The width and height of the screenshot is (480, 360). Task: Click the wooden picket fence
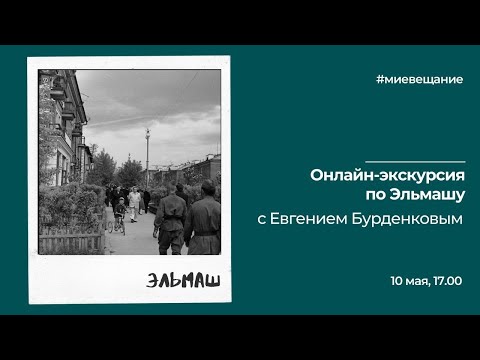[x=72, y=241]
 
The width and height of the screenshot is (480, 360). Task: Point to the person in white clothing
[x=133, y=202]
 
